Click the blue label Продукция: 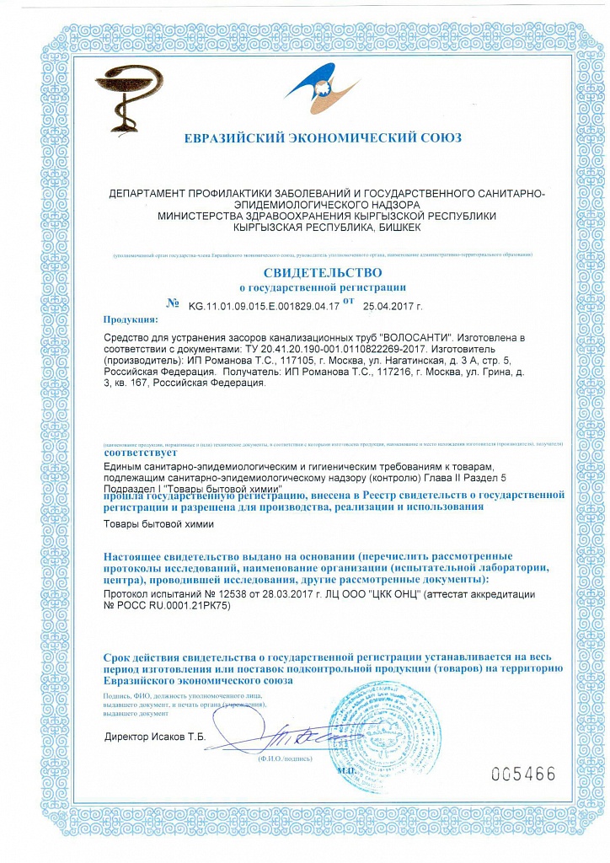tap(131, 320)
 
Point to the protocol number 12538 tap(212, 594)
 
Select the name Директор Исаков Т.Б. tap(155, 736)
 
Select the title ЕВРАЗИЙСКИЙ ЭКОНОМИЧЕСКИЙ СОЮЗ tap(323, 138)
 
